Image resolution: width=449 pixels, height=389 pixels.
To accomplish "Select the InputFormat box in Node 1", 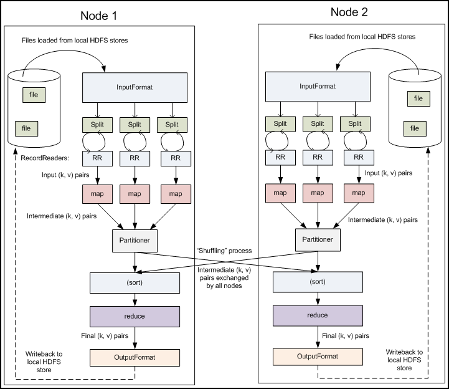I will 135,87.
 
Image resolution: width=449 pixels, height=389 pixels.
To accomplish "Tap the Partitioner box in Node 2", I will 318,238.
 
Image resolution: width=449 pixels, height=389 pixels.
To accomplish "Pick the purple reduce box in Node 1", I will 135,315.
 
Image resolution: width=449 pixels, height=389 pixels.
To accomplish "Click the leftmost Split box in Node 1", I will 97,124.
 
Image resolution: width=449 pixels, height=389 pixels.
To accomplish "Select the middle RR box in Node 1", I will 135,158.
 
